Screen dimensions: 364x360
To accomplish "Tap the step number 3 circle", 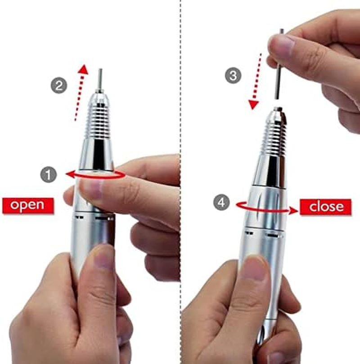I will pos(233,75).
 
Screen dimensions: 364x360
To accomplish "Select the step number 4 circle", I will pos(221,203).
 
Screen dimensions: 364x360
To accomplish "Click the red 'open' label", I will pos(28,205).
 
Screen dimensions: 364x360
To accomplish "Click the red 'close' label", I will pos(326,206).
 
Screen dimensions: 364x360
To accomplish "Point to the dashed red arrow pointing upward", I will pos(80,92).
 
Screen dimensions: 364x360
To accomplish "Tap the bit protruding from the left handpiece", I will pos(100,79).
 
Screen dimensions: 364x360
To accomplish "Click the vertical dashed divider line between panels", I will pos(181,135).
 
